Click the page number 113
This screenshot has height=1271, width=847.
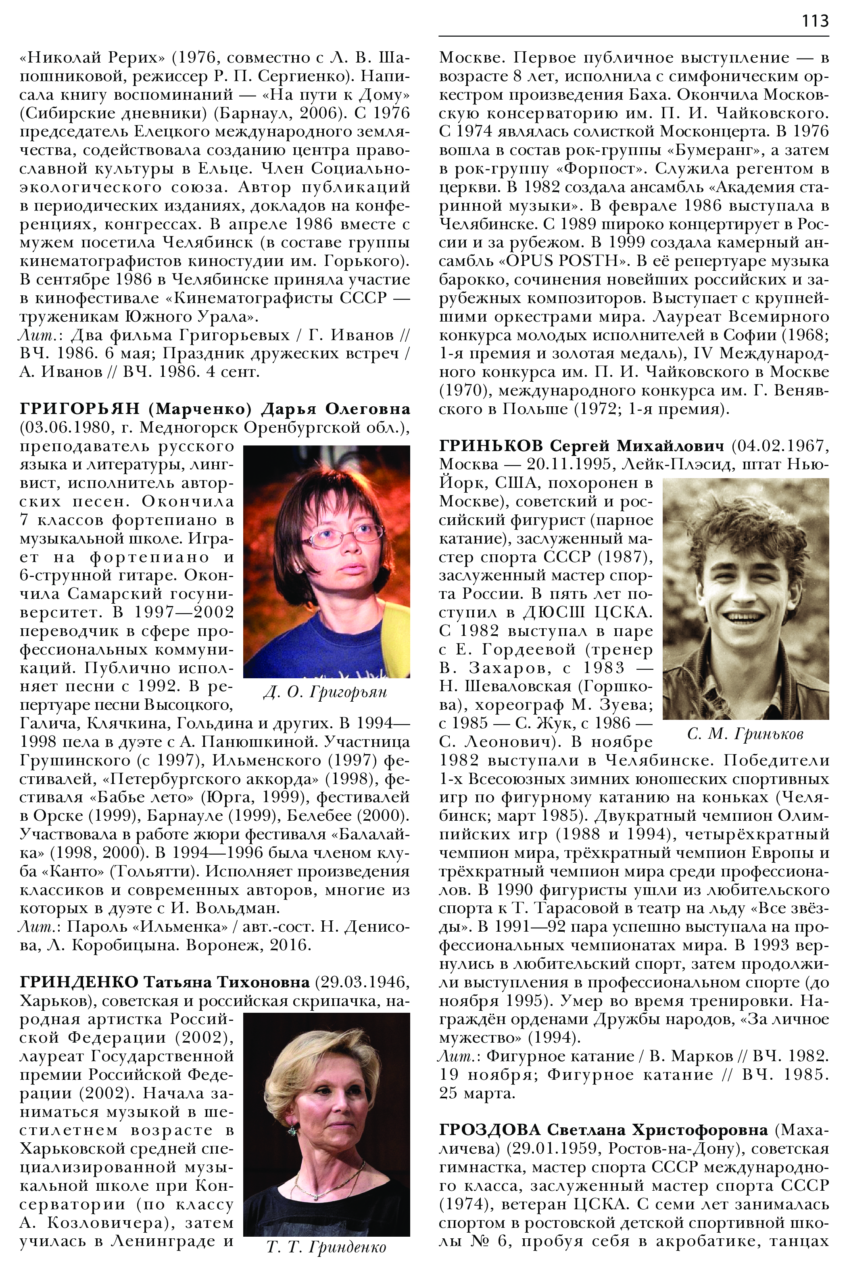[x=815, y=21]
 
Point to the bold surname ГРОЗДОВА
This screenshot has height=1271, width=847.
[x=489, y=1129]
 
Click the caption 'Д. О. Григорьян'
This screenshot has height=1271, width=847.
[x=325, y=692]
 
